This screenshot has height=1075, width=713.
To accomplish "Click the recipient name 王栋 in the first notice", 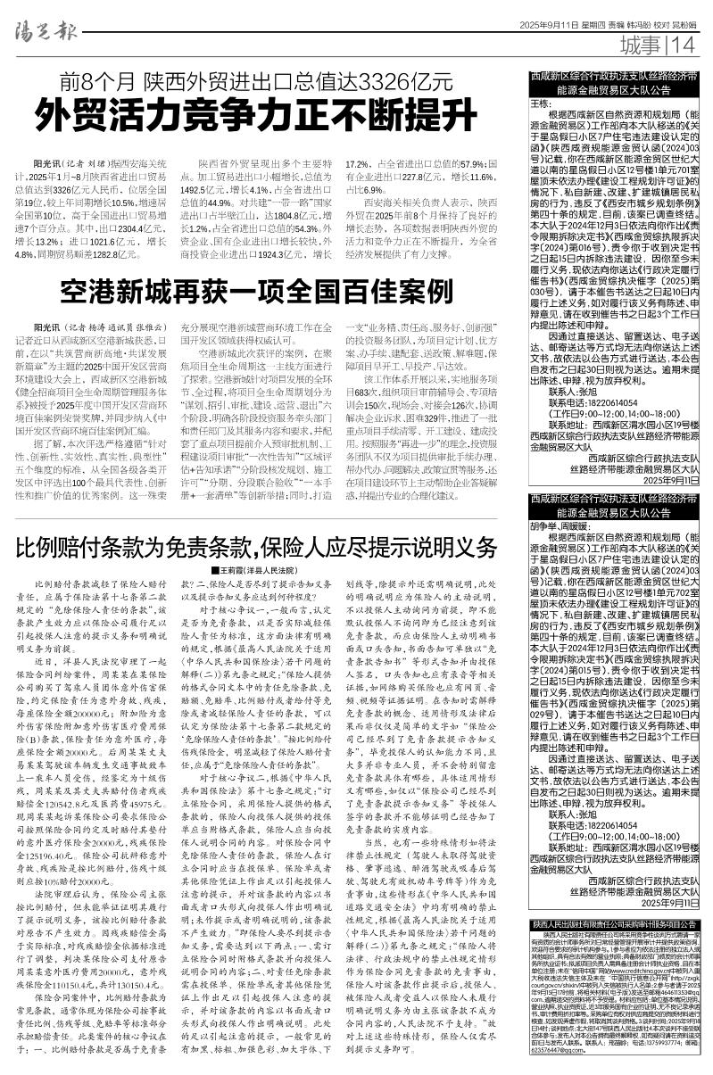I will [543, 103].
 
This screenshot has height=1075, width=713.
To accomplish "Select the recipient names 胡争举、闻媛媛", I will [561, 525].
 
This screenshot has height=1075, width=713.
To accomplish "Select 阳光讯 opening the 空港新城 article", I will [47, 352].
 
